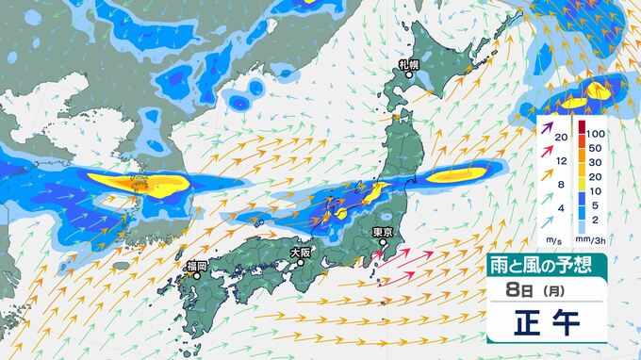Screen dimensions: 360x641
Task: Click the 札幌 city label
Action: click(408, 65)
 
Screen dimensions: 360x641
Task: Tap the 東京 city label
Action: click(382, 233)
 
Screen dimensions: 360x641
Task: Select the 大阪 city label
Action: click(300, 253)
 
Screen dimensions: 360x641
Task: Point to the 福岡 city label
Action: click(196, 265)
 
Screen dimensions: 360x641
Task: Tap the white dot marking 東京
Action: click(383, 243)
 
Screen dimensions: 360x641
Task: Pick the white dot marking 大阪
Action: click(301, 263)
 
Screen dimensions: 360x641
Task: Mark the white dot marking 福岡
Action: click(197, 276)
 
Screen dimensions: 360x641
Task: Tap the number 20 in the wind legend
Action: click(561, 139)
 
